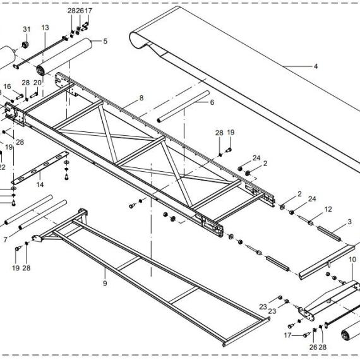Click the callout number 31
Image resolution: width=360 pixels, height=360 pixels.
click(x=27, y=30)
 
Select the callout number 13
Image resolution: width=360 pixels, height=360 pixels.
click(x=45, y=28)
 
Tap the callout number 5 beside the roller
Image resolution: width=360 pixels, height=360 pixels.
click(x=105, y=41)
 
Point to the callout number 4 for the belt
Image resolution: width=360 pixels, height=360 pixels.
click(x=316, y=66)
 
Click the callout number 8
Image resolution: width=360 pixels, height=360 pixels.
click(x=141, y=98)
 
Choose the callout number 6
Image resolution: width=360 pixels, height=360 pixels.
click(x=212, y=102)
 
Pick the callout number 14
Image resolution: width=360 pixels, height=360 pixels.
click(x=40, y=184)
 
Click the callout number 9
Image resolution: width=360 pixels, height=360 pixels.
click(x=105, y=284)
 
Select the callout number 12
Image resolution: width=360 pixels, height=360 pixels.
click(x=328, y=210)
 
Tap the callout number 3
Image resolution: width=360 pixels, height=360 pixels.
click(x=349, y=222)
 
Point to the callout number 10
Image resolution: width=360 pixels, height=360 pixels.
click(x=352, y=260)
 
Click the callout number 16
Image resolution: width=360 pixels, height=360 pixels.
click(x=7, y=87)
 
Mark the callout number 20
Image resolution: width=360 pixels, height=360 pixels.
click(x=37, y=83)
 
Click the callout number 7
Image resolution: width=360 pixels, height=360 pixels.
click(x=6, y=240)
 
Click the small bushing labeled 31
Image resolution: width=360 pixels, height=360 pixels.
click(x=26, y=45)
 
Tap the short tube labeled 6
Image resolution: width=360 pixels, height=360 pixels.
click(x=183, y=107)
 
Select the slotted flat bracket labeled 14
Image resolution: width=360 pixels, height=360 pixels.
click(x=40, y=167)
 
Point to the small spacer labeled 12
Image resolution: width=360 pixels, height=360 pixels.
click(x=310, y=223)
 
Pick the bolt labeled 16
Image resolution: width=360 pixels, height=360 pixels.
click(x=20, y=97)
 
